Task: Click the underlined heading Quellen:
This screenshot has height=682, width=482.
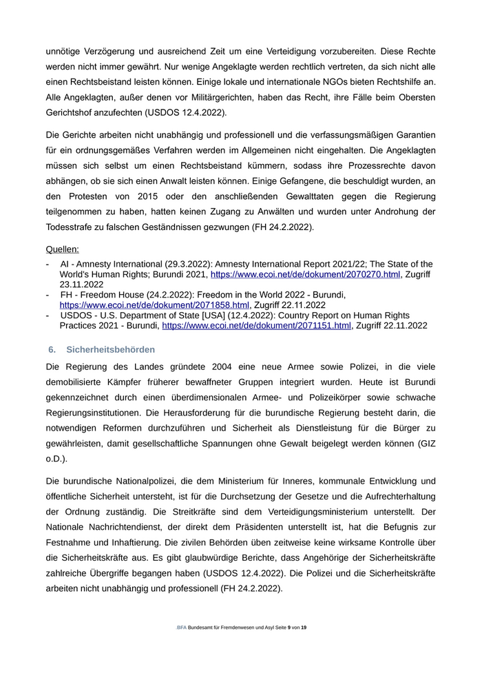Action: (x=62, y=249)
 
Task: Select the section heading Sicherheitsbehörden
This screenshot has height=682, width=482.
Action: (x=110, y=350)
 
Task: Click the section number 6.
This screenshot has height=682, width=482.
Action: (x=52, y=350)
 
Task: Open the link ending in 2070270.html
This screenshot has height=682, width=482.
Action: (x=304, y=274)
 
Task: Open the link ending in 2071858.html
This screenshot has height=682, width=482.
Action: (x=154, y=305)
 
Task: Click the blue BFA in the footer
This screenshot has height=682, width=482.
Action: (x=181, y=628)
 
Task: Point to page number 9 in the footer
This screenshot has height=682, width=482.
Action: (x=289, y=628)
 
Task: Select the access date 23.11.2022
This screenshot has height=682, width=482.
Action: (x=81, y=285)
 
